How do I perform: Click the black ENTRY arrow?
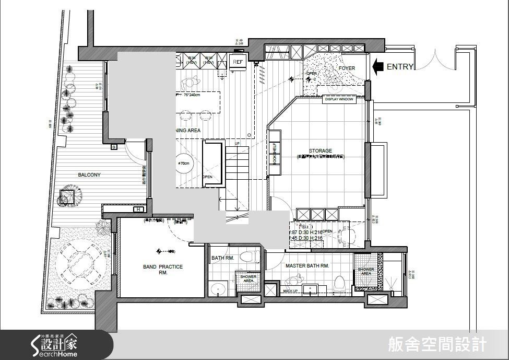378,66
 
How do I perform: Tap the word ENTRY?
400,67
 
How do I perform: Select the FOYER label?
347,68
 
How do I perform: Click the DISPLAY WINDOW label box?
339,99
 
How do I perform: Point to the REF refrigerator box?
238,62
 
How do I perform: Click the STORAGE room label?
320,151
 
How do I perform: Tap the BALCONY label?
89,175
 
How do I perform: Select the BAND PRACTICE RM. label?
163,270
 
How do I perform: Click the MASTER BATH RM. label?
307,266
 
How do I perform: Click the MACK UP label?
290,290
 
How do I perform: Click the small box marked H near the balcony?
138,210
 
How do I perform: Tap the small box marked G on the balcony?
113,147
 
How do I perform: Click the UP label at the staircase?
238,143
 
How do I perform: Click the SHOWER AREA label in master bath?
365,271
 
